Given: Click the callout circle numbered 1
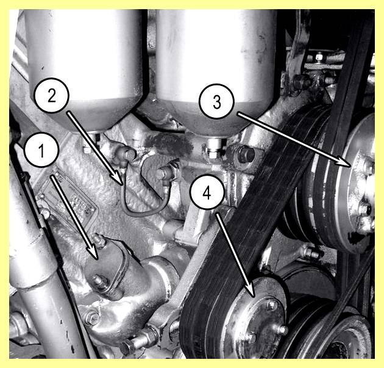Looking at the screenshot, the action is tap(41, 150).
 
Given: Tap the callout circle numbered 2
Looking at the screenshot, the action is tap(52, 95).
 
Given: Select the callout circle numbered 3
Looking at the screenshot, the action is tap(217, 101).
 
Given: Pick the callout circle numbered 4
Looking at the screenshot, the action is tap(207, 192).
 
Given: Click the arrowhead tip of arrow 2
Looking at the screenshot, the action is tap(122, 184).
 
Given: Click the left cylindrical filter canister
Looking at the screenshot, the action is tap(85, 68).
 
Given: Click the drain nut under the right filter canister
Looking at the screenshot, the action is tap(214, 151).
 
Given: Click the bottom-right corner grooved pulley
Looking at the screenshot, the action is tap(340, 338).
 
